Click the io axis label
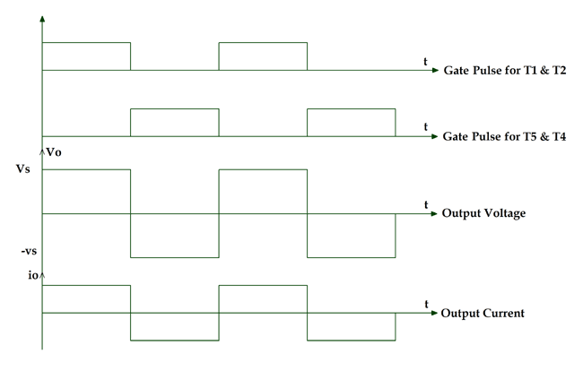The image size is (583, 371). pyautogui.click(x=34, y=274)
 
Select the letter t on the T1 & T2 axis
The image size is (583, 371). pyautogui.click(x=425, y=60)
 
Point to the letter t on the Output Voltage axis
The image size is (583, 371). pyautogui.click(x=425, y=205)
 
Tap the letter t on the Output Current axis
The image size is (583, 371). pyautogui.click(x=425, y=305)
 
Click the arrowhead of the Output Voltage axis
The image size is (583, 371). pyautogui.click(x=433, y=214)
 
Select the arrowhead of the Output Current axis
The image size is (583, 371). pyautogui.click(x=433, y=314)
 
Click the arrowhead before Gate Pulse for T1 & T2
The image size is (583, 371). pyautogui.click(x=434, y=70)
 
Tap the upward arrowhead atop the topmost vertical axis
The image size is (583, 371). pyautogui.click(x=42, y=17)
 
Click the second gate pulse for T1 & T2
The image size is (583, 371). pyautogui.click(x=263, y=56)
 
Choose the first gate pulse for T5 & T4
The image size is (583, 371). pyautogui.click(x=175, y=123)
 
